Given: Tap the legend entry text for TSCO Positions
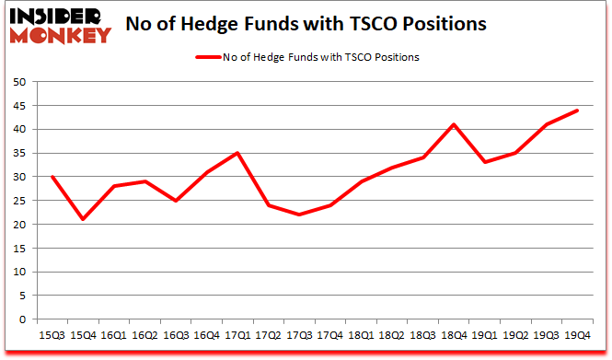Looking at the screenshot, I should click(320, 57).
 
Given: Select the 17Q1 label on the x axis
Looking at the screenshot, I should click(237, 336).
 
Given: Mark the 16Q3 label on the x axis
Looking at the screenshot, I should click(175, 336).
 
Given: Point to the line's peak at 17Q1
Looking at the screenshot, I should click(237, 153).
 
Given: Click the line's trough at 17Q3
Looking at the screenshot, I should click(300, 215).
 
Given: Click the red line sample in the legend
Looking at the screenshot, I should click(206, 57).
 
